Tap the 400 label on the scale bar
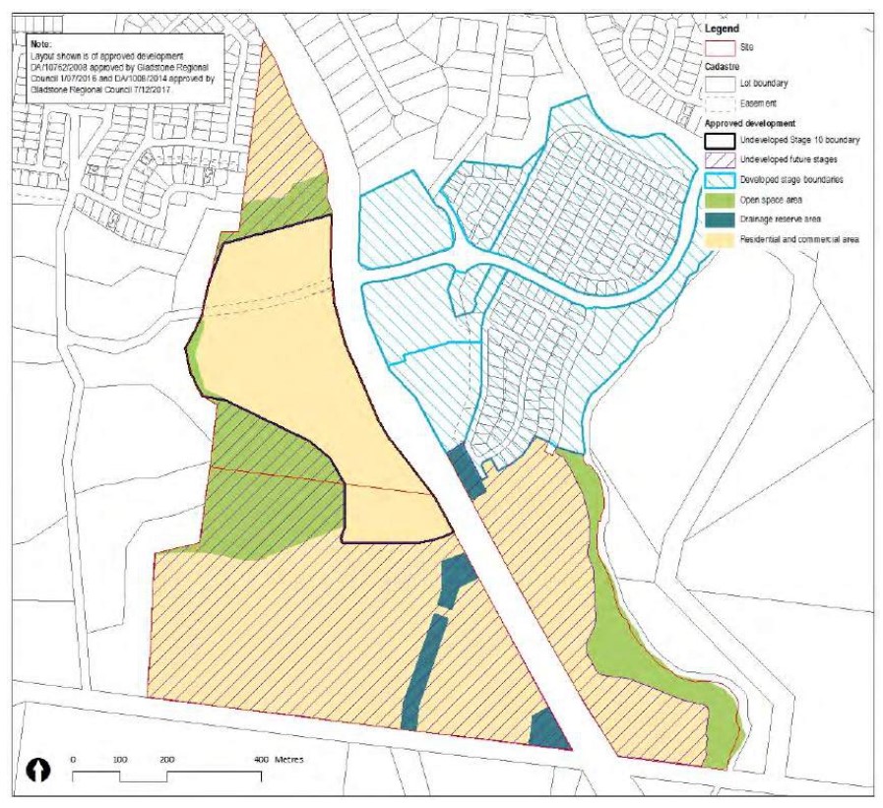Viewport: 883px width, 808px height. pos(261,760)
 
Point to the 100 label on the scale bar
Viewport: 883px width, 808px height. pos(120,760)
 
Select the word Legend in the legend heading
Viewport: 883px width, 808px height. pos(723,30)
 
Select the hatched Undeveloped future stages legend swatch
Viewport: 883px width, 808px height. pos(722,160)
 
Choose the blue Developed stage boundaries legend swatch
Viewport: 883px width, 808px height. pos(722,180)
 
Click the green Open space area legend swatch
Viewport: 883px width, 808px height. pos(722,200)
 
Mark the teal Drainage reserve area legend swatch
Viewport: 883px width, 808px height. pos(722,218)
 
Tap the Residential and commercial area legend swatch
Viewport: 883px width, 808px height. pos(722,238)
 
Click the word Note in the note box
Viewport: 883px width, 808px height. pos(40,43)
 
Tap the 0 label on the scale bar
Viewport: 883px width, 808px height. pos(74,760)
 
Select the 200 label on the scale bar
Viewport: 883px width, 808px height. pos(166,760)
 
